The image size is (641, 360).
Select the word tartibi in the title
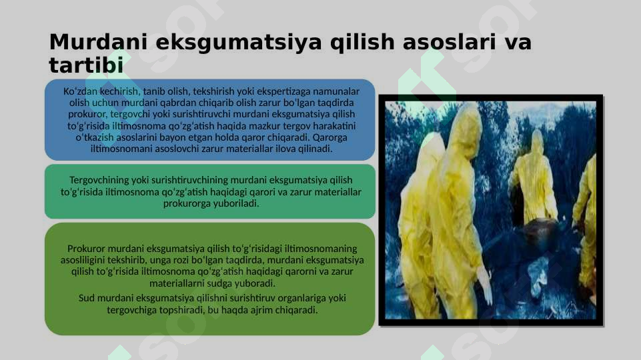(86, 66)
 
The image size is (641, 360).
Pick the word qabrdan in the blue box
(177, 103)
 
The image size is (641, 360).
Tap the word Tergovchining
(102, 181)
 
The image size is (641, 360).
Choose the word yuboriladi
(235, 203)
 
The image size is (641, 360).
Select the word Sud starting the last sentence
(87, 298)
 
